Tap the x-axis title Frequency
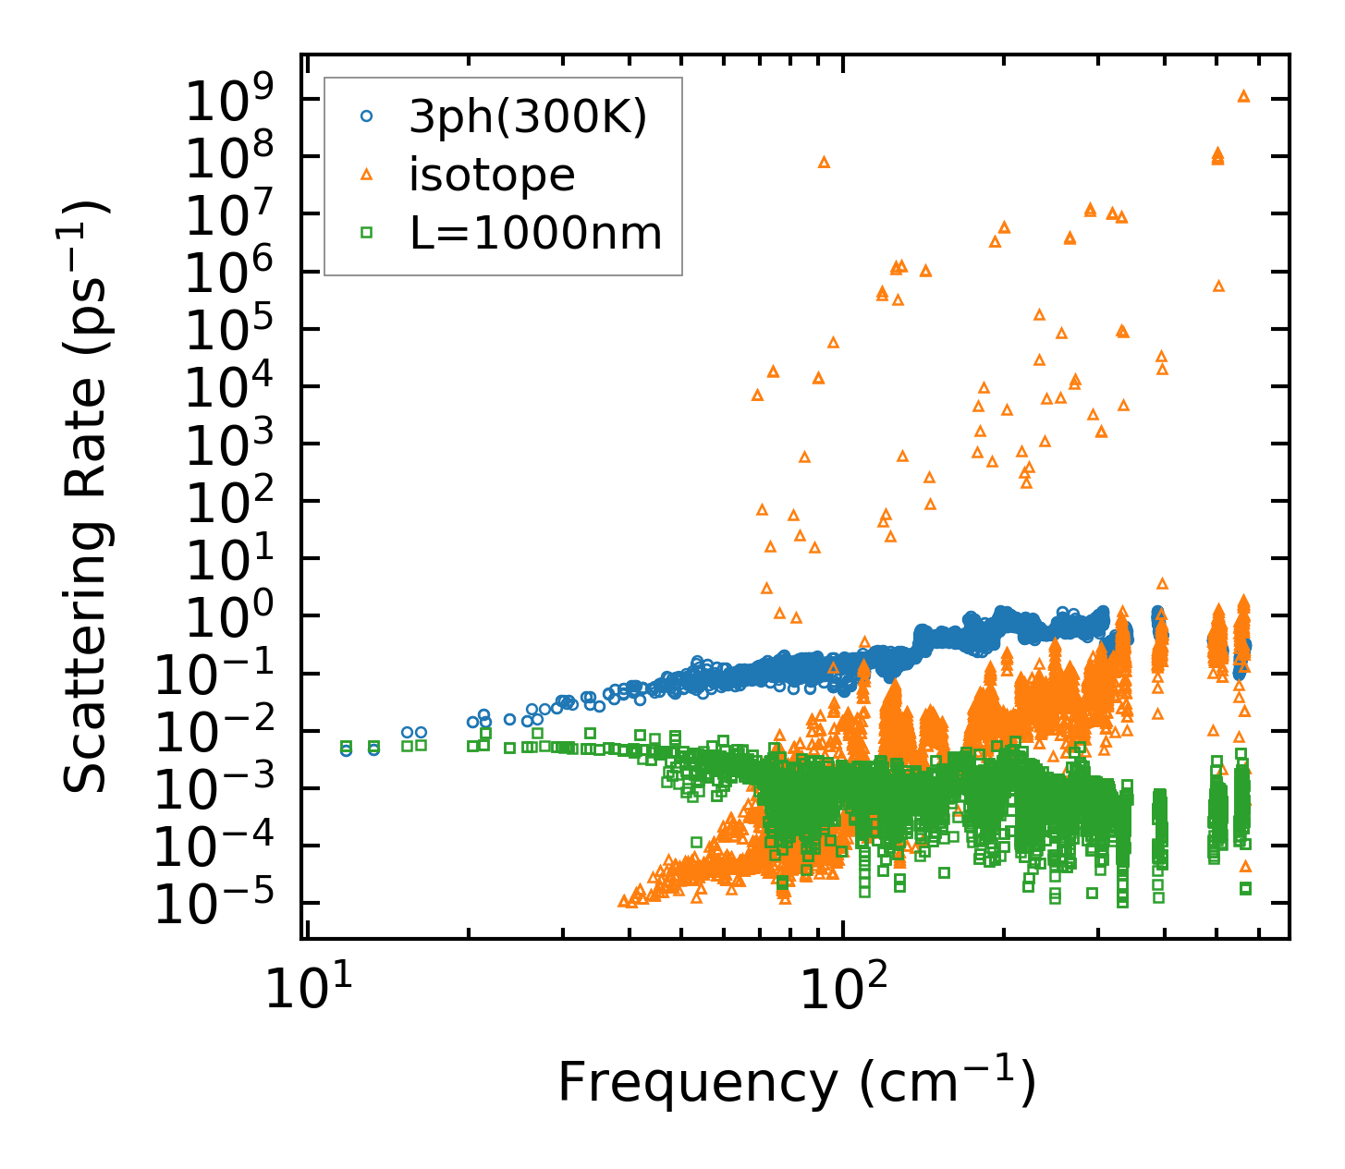796,1083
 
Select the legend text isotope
492,175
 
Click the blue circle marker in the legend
367,116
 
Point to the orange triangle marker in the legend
367,174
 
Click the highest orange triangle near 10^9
1243,96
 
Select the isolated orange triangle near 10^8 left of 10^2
824,163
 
